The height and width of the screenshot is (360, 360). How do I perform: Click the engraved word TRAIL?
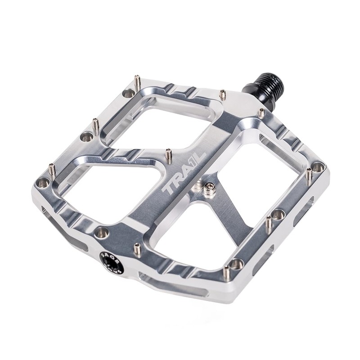[x=184, y=172]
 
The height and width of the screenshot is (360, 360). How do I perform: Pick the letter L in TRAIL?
[x=200, y=156]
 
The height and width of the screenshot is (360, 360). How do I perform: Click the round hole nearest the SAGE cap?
[x=102, y=232]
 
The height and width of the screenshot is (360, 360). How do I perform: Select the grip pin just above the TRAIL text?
[x=169, y=156]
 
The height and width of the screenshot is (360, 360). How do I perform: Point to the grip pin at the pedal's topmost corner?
[x=138, y=81]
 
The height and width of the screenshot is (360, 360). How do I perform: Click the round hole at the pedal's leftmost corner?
[x=43, y=182]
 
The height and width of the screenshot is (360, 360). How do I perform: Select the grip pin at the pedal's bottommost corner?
[x=226, y=272]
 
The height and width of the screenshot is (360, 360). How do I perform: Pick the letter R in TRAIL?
[x=177, y=180]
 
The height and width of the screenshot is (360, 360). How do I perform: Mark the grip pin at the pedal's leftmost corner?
[x=52, y=169]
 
